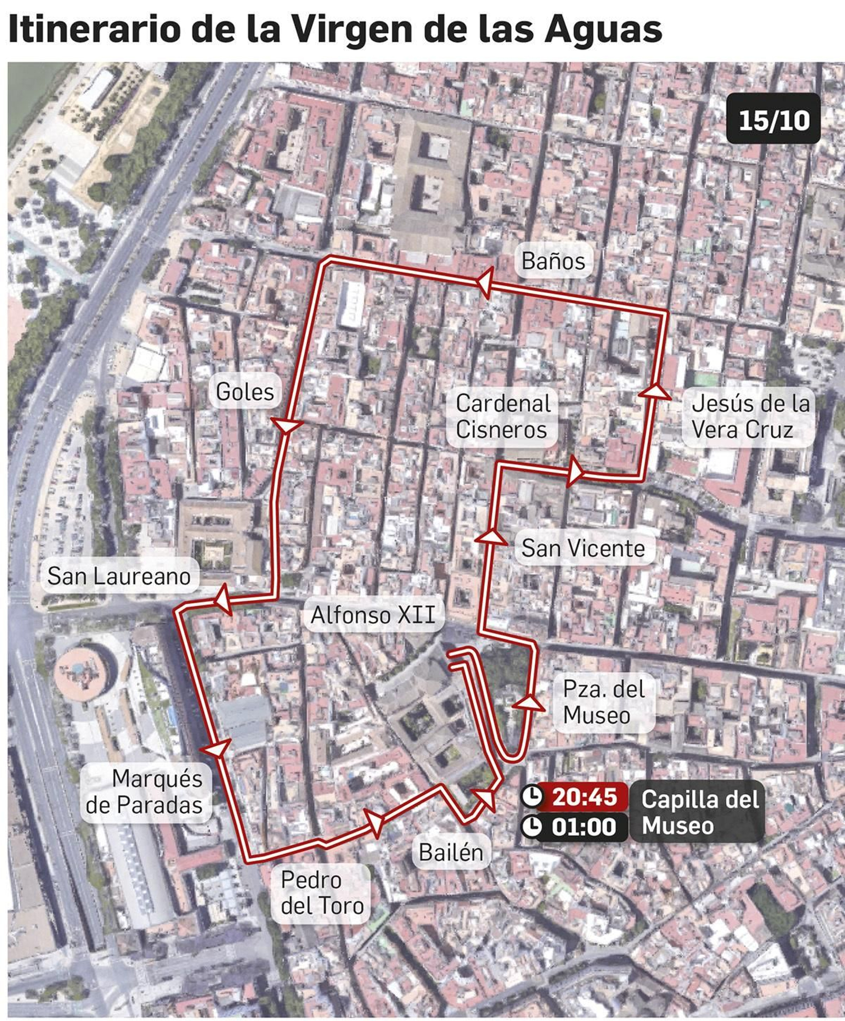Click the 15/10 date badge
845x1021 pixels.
tap(773, 119)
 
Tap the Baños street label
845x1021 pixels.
tap(553, 261)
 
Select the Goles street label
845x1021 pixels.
tap(245, 392)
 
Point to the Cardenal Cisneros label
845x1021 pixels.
tap(502, 416)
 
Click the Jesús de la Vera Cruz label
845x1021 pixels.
tap(750, 416)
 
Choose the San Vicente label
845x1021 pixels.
tap(583, 548)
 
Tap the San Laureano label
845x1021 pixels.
tap(119, 576)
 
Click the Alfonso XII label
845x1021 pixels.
tap(373, 615)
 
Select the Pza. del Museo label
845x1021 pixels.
tap(603, 702)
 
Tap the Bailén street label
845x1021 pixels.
tap(450, 852)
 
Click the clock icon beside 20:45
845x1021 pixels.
tap(532, 796)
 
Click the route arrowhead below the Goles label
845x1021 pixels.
tap(286, 425)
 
